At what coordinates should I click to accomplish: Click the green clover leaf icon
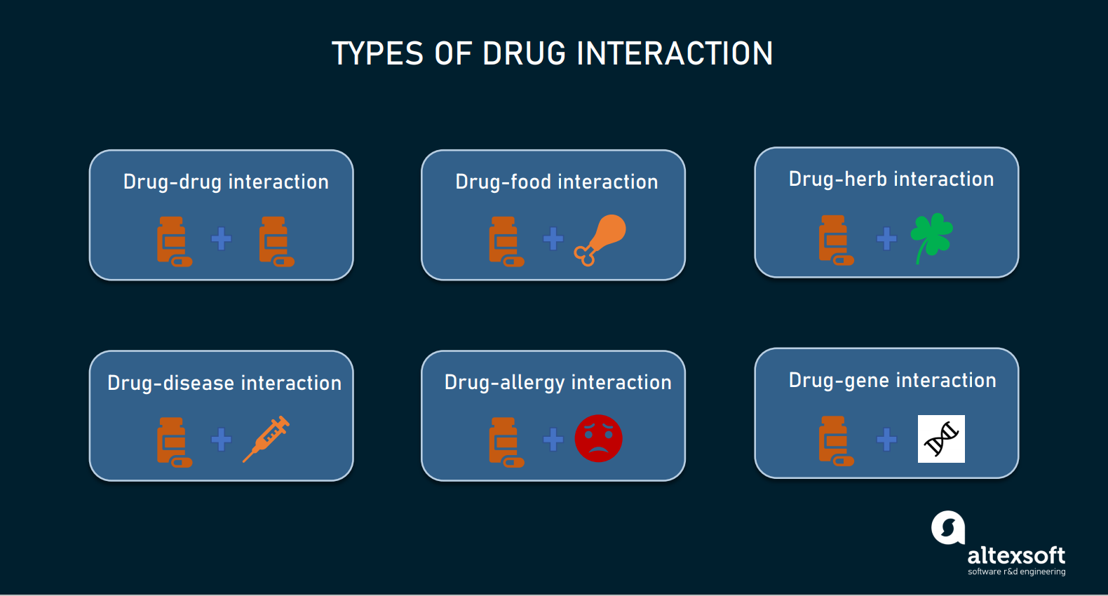931,236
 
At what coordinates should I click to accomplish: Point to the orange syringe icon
266,439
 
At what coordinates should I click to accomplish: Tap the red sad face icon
598,438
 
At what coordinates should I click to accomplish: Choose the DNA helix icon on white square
941,439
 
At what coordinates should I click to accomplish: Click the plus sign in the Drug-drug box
222,239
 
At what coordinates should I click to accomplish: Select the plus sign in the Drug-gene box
886,440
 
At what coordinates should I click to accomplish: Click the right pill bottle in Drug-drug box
276,241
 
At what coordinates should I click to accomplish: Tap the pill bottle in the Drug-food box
506,241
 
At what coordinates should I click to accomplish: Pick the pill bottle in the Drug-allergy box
506,442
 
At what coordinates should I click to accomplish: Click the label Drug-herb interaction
891,180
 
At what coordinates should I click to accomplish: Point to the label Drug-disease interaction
224,383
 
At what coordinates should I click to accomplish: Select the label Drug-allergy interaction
558,382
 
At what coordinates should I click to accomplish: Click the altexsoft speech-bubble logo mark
948,527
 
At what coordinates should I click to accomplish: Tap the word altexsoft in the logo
1015,556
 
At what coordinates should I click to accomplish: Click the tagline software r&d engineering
1016,572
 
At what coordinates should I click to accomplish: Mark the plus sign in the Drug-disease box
222,440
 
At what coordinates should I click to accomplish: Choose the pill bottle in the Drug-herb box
835,240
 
